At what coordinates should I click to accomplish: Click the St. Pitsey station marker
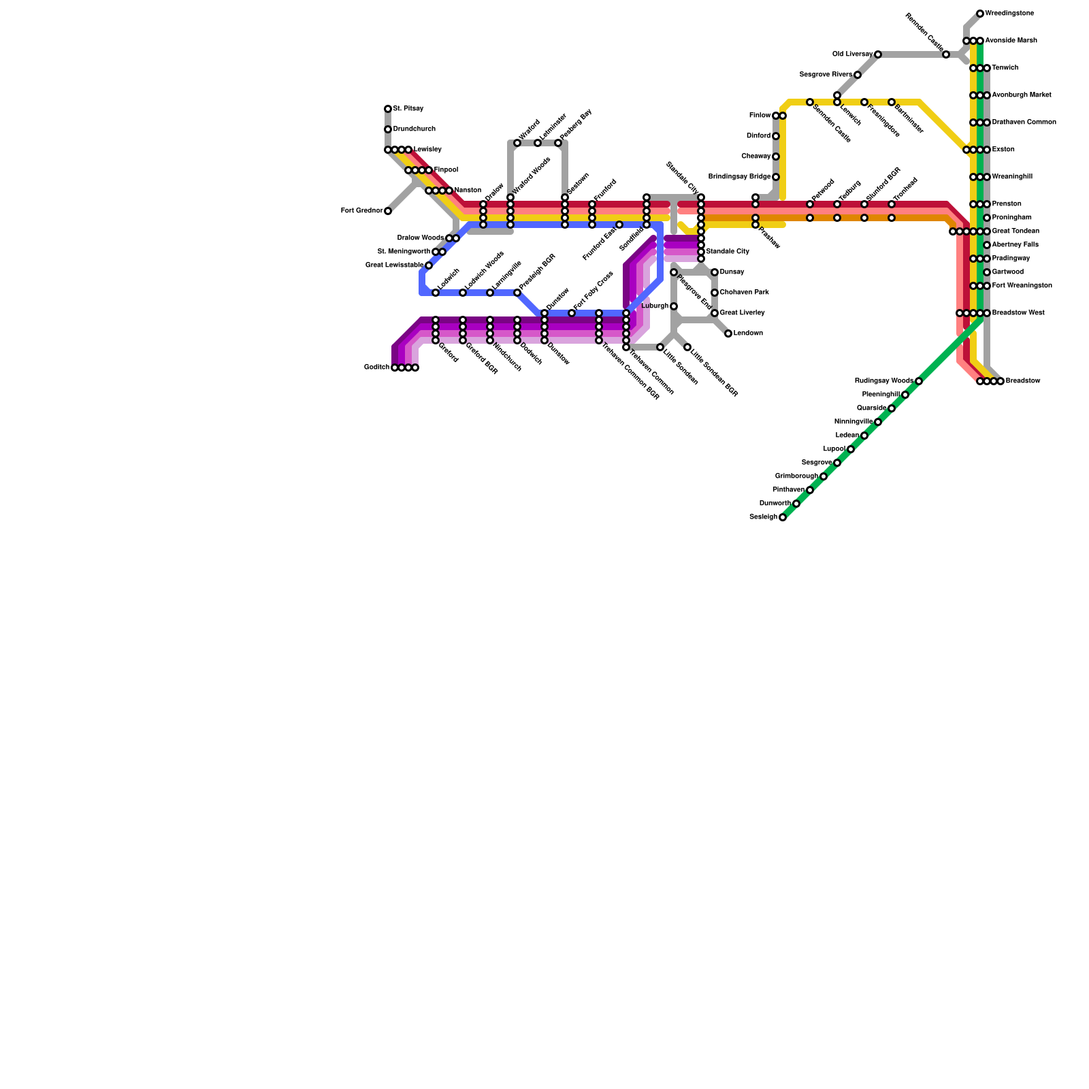coord(388,109)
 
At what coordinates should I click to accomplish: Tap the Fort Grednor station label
coord(361,211)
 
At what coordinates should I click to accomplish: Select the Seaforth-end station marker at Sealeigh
coord(783,517)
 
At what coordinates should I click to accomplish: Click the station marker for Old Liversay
coord(878,54)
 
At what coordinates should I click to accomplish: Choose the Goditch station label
coord(376,368)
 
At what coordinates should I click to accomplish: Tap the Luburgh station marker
coord(674,306)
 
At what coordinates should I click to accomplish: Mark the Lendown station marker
coord(728,334)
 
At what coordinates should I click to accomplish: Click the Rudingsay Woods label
coord(884,381)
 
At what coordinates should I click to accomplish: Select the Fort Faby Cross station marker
coord(572,313)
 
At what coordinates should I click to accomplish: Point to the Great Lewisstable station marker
coord(429,265)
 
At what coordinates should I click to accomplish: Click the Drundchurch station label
coord(414,129)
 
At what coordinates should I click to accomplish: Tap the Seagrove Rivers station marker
coord(858,75)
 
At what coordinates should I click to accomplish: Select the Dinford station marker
coord(776,136)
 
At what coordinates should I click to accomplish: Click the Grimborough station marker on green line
coord(824,476)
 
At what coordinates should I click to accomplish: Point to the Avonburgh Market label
coord(1022,95)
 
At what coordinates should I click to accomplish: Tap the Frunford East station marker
coord(619,225)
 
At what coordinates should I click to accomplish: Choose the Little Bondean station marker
coord(660,347)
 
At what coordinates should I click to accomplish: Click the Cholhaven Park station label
coord(744,293)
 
